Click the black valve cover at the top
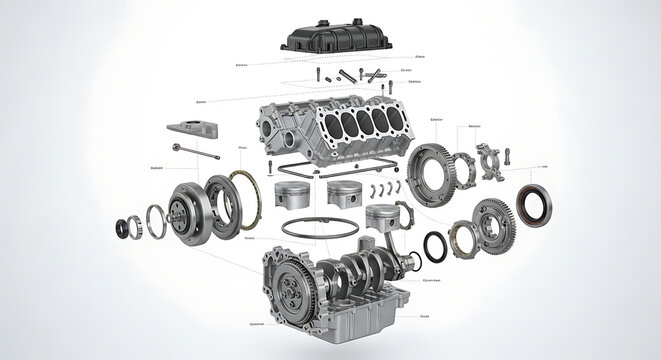(336, 39)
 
